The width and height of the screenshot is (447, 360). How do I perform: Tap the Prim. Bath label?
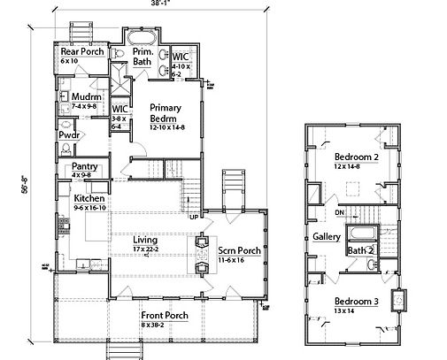pyautogui.click(x=143, y=57)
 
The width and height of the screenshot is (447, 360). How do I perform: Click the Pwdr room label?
pyautogui.click(x=70, y=134)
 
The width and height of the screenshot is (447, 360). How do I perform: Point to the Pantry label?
pyautogui.click(x=85, y=165)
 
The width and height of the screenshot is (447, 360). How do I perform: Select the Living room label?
pyautogui.click(x=146, y=239)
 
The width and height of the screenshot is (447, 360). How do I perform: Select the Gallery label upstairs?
pyautogui.click(x=327, y=237)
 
